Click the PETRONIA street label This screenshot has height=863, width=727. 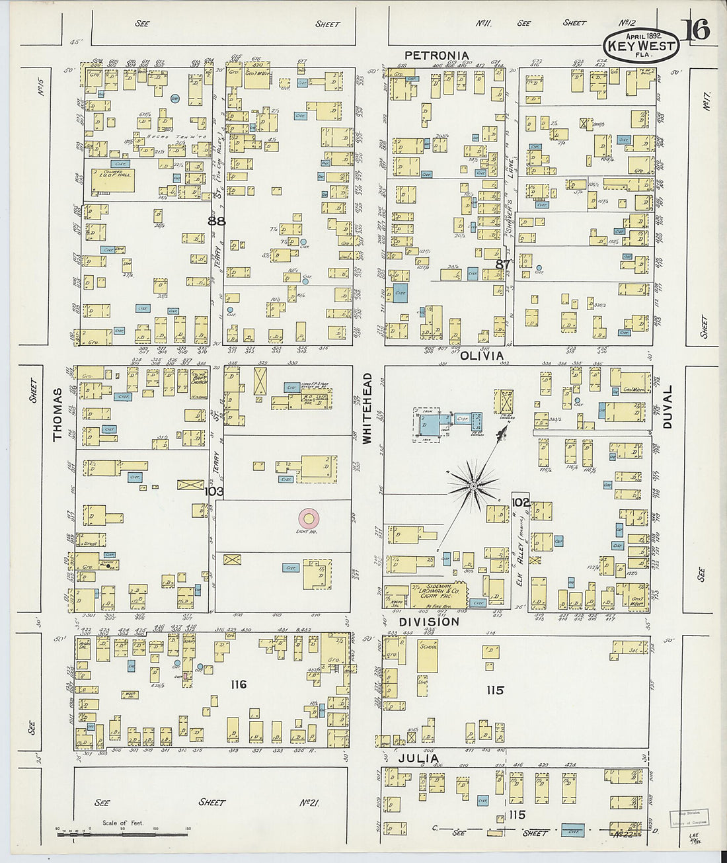click(x=437, y=56)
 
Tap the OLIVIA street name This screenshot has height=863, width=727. click(x=482, y=356)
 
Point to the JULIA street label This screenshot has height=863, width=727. click(x=418, y=759)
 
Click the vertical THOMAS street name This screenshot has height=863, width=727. click(x=58, y=415)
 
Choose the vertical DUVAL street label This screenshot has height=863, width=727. click(x=668, y=407)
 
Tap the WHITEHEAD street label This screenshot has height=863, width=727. click(x=367, y=407)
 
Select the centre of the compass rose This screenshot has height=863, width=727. click(x=473, y=487)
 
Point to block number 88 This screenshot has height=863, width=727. click(x=216, y=221)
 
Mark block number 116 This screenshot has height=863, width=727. click(x=238, y=684)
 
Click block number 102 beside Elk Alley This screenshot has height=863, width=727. click(x=521, y=503)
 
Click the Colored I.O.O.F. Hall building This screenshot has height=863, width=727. click(x=112, y=180)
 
